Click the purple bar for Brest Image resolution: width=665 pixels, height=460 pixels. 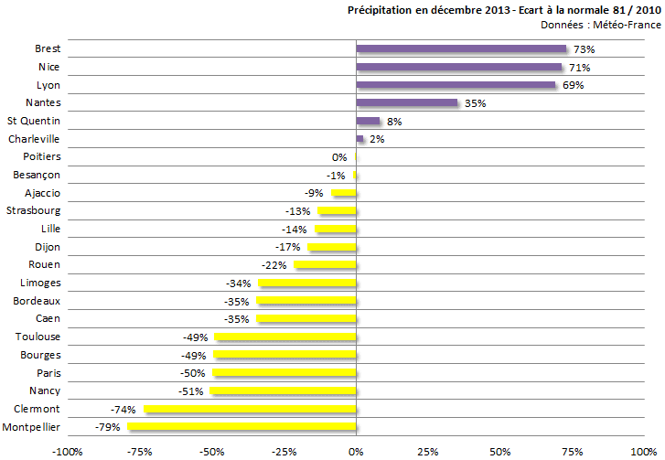coord(461,49)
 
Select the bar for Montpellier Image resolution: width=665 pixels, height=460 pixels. coord(241,427)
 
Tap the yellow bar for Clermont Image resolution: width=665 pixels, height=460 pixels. coord(250,409)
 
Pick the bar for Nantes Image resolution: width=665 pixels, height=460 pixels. coord(406,103)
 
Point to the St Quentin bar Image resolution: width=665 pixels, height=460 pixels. coord(368,121)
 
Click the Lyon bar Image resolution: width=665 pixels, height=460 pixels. coord(456,85)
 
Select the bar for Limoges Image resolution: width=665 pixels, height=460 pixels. coord(306,283)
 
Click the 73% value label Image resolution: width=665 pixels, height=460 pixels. coord(584,49)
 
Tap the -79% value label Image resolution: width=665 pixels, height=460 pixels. coord(108,427)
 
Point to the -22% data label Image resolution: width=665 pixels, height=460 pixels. coord(274,265)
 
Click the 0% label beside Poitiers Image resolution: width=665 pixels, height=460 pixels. coord(339,157)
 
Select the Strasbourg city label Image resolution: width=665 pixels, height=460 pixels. coord(34,210)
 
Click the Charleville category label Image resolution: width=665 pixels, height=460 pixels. coord(34,139)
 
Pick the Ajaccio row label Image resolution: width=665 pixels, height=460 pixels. coord(42,193)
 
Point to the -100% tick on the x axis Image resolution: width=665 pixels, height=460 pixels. coord(67,451)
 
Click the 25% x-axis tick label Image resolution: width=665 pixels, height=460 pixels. coord(427,451)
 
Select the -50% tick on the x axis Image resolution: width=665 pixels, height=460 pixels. coord(211,451)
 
